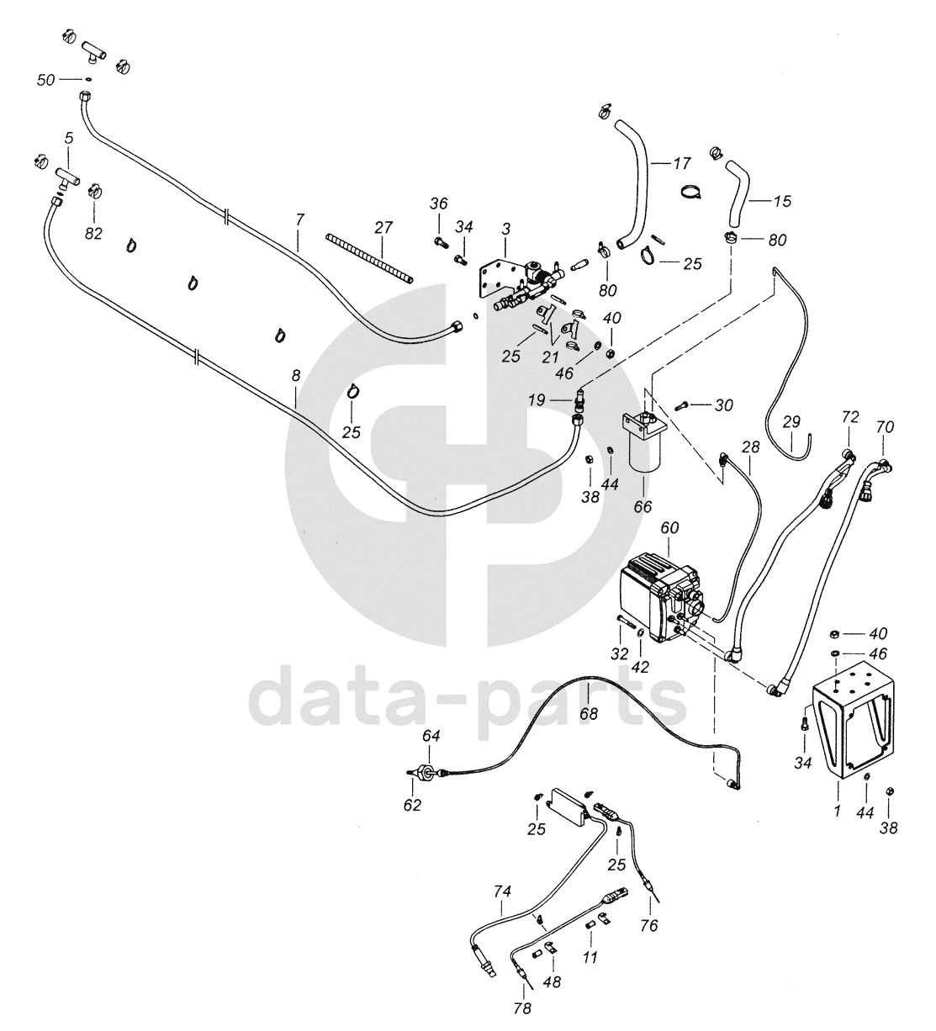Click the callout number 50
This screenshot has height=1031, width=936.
click(47, 80)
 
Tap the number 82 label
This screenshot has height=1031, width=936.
click(93, 234)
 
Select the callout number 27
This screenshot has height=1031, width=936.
click(383, 228)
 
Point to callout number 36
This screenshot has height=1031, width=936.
click(439, 204)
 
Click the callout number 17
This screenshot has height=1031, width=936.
click(682, 164)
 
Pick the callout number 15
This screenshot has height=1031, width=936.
click(781, 202)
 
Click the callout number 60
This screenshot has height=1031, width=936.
click(670, 527)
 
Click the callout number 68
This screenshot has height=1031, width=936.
click(590, 713)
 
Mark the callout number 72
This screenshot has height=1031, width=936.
click(849, 417)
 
